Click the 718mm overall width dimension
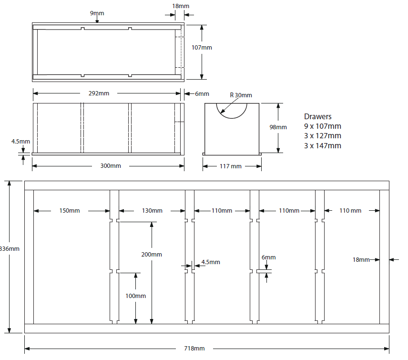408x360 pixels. pyautogui.click(x=194, y=349)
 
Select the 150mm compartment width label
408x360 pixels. pyautogui.click(x=70, y=210)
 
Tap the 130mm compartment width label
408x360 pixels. pyautogui.click(x=152, y=210)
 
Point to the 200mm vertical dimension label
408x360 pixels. pyautogui.click(x=152, y=255)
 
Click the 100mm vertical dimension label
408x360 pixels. pyautogui.click(x=135, y=296)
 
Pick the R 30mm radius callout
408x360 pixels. pyautogui.click(x=241, y=95)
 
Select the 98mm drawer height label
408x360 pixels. pyautogui.click(x=278, y=127)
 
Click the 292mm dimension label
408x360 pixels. pyautogui.click(x=99, y=93)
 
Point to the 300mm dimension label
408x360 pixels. pyautogui.click(x=111, y=165)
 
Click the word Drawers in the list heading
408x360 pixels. pyautogui.click(x=317, y=116)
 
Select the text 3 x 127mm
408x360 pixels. pyautogui.click(x=322, y=136)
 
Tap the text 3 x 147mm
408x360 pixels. pyautogui.click(x=322, y=146)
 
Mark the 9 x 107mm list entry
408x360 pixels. pyautogui.click(x=322, y=126)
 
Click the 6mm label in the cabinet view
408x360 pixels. pyautogui.click(x=268, y=257)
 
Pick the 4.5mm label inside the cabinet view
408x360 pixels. pyautogui.click(x=211, y=262)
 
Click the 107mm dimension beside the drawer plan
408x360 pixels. pyautogui.click(x=202, y=47)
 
